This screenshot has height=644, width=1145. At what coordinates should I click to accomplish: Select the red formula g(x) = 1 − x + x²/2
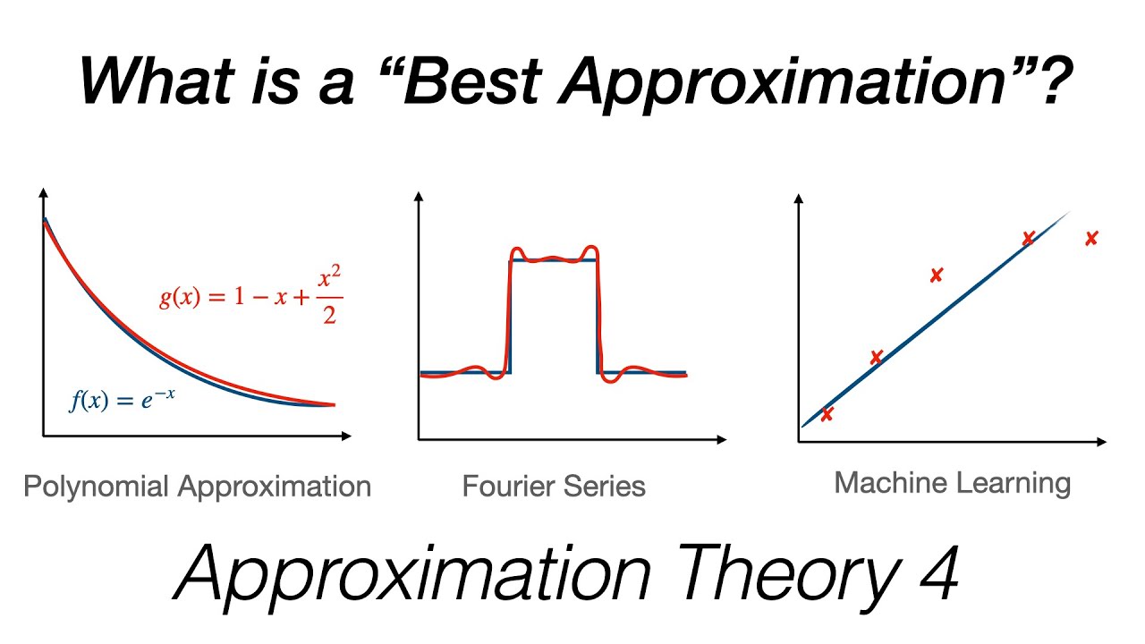coord(251,298)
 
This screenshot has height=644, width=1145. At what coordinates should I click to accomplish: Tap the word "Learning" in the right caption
coord(1017,483)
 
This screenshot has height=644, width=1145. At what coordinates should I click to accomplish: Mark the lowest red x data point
coord(827,413)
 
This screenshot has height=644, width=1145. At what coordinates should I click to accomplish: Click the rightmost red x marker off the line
coord(1091,238)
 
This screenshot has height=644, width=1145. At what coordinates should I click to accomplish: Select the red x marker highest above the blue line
coord(936,275)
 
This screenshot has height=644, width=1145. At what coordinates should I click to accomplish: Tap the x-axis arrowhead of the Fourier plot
coord(721,439)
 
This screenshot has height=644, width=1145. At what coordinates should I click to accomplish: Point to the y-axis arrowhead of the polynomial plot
coord(43,191)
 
